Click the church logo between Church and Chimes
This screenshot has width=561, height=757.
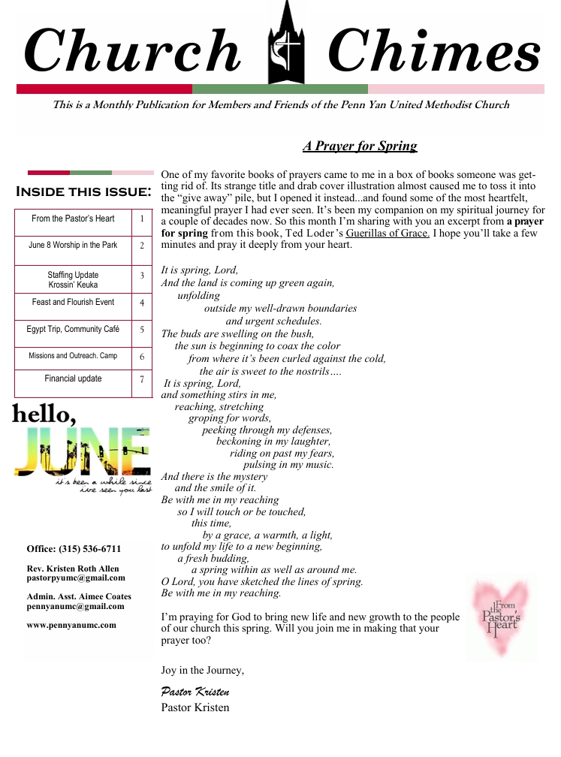click(x=288, y=43)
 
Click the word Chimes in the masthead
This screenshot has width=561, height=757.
click(x=434, y=51)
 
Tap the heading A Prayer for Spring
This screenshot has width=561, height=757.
click(x=360, y=146)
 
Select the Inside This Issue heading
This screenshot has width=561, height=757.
click(x=83, y=192)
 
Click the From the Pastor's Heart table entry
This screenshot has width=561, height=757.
click(x=73, y=219)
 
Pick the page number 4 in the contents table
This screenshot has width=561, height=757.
click(x=142, y=303)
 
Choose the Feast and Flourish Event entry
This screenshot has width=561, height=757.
click(x=73, y=302)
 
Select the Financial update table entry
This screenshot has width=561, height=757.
click(x=73, y=378)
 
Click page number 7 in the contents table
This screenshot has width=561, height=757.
click(x=142, y=380)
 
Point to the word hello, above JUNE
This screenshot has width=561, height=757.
click(x=43, y=413)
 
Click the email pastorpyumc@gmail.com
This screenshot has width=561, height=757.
click(x=76, y=578)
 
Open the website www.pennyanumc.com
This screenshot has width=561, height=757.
click(x=71, y=625)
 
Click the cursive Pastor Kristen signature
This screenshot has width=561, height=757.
click(x=195, y=691)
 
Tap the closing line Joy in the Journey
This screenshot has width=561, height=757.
click(x=202, y=670)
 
